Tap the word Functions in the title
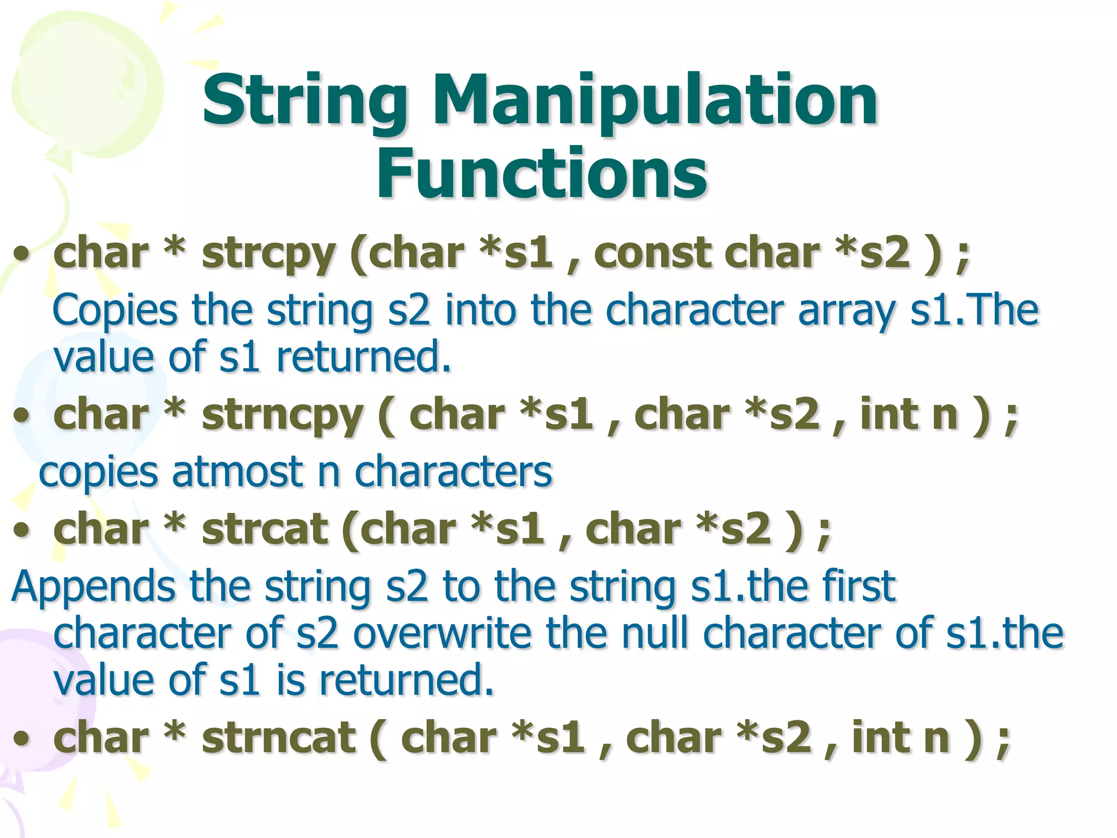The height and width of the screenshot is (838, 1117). (x=542, y=173)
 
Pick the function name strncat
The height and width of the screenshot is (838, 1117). (x=279, y=738)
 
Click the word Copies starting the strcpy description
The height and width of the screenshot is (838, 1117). (x=115, y=311)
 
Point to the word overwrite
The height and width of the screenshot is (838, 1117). (x=442, y=633)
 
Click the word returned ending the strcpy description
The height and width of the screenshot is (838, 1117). (x=364, y=357)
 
